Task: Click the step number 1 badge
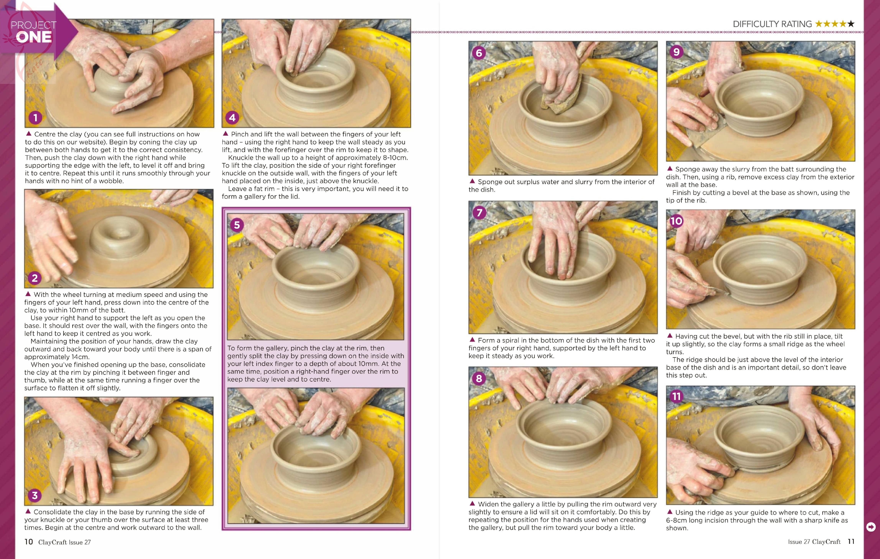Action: (35, 118)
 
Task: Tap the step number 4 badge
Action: (232, 118)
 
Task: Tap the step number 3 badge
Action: (35, 495)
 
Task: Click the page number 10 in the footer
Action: (29, 542)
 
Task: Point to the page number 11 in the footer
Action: (851, 542)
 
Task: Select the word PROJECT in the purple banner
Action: (34, 25)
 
